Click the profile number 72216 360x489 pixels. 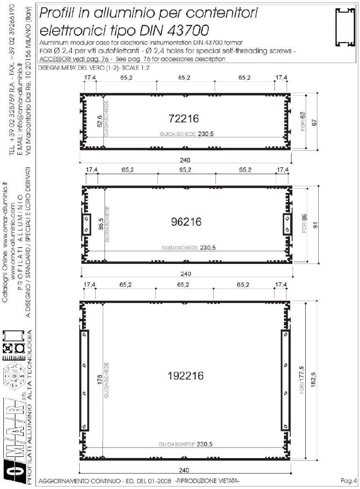pos(184,119)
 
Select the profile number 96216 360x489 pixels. pos(186,222)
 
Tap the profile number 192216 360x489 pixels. pos(185,375)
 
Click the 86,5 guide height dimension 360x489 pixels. pos(101,223)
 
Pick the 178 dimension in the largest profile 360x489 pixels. pos(100,380)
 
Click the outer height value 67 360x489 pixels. pos(314,122)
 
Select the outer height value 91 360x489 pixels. pos(315,225)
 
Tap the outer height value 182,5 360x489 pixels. pos(314,380)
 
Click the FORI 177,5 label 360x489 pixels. pos(302,380)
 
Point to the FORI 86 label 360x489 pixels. pos(304,223)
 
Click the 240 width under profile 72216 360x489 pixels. pos(185,160)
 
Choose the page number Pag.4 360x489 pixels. pos(348,481)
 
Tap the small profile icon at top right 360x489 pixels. pos(346,28)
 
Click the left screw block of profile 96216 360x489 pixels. pos(86,224)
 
